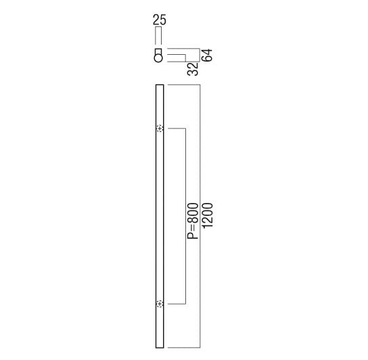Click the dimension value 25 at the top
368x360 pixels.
tap(160, 20)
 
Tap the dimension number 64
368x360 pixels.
tap(207, 55)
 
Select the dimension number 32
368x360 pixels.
tap(193, 69)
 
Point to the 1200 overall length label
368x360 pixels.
tap(208, 215)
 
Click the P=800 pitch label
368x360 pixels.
tap(193, 221)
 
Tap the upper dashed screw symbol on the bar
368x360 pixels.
tap(160, 129)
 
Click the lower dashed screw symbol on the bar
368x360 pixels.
tap(160, 304)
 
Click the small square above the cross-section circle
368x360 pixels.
tap(158, 51)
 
